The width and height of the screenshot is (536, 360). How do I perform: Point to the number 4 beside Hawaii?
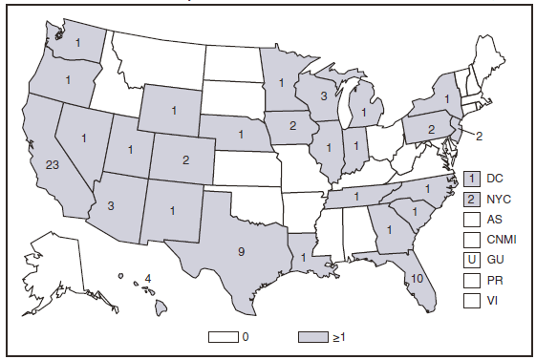(147, 279)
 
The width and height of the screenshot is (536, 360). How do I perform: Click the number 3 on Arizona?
(112, 205)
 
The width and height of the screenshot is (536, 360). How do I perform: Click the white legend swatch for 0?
(222, 336)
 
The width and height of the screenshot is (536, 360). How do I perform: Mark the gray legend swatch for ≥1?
(312, 336)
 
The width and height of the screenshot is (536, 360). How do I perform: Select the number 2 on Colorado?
(185, 160)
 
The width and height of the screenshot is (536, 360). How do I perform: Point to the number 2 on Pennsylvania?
(431, 129)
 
